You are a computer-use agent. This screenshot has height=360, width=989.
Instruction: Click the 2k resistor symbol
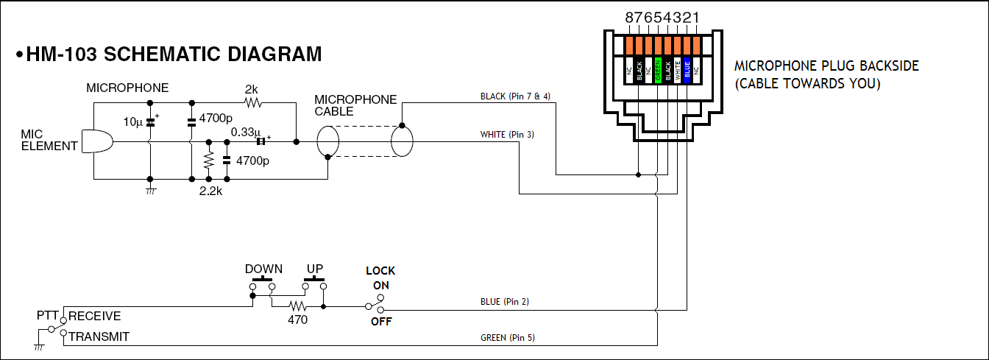click(252, 102)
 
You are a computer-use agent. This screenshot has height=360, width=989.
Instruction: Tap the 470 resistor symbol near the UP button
click(297, 306)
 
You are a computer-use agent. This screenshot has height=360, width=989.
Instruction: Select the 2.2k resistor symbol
click(208, 160)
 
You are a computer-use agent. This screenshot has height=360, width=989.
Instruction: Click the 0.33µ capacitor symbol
click(260, 141)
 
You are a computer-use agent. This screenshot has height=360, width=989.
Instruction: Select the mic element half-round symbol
click(96, 141)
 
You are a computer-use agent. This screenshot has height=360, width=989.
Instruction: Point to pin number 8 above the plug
click(629, 17)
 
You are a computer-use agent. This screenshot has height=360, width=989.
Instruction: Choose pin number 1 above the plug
click(696, 17)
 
